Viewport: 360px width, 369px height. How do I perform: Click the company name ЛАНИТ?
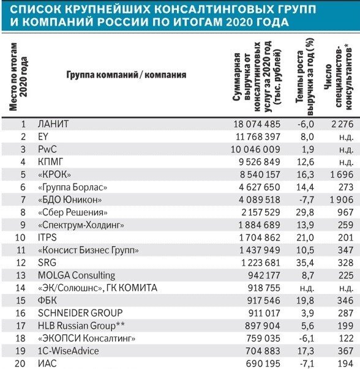pyautogui.click(x=53, y=124)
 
